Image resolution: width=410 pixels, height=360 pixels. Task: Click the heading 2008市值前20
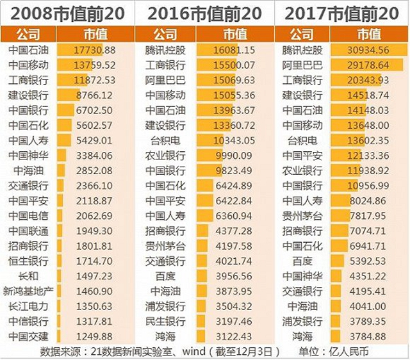click(69, 13)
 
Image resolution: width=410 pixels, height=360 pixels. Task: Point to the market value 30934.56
click(368, 49)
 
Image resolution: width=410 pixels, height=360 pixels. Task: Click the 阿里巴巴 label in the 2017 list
click(302, 65)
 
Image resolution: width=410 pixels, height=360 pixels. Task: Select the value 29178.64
click(368, 65)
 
